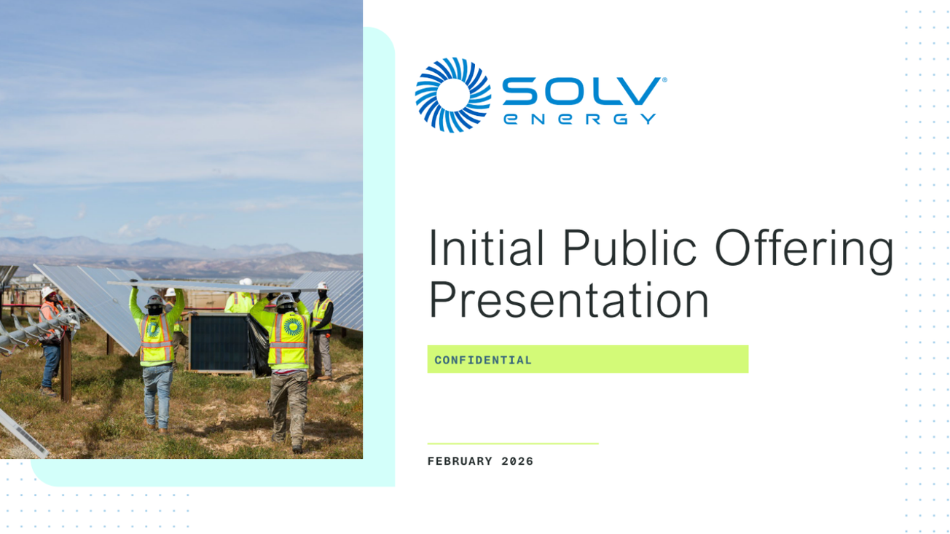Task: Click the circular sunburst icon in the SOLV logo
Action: coord(452,95)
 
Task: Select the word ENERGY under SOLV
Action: coord(580,119)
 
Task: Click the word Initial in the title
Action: coord(485,249)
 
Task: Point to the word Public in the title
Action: coord(629,249)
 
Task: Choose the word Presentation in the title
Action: coord(568,300)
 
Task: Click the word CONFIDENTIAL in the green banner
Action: coord(483,360)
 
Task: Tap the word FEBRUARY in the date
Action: coord(460,461)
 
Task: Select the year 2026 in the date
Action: coord(517,461)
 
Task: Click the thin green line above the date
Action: coord(512,443)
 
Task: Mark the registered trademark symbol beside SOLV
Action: coord(664,79)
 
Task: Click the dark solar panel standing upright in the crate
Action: coord(219,343)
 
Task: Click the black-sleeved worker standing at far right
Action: coord(321,328)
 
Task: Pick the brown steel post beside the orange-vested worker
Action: coord(66,372)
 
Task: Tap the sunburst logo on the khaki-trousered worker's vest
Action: coord(292,327)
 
